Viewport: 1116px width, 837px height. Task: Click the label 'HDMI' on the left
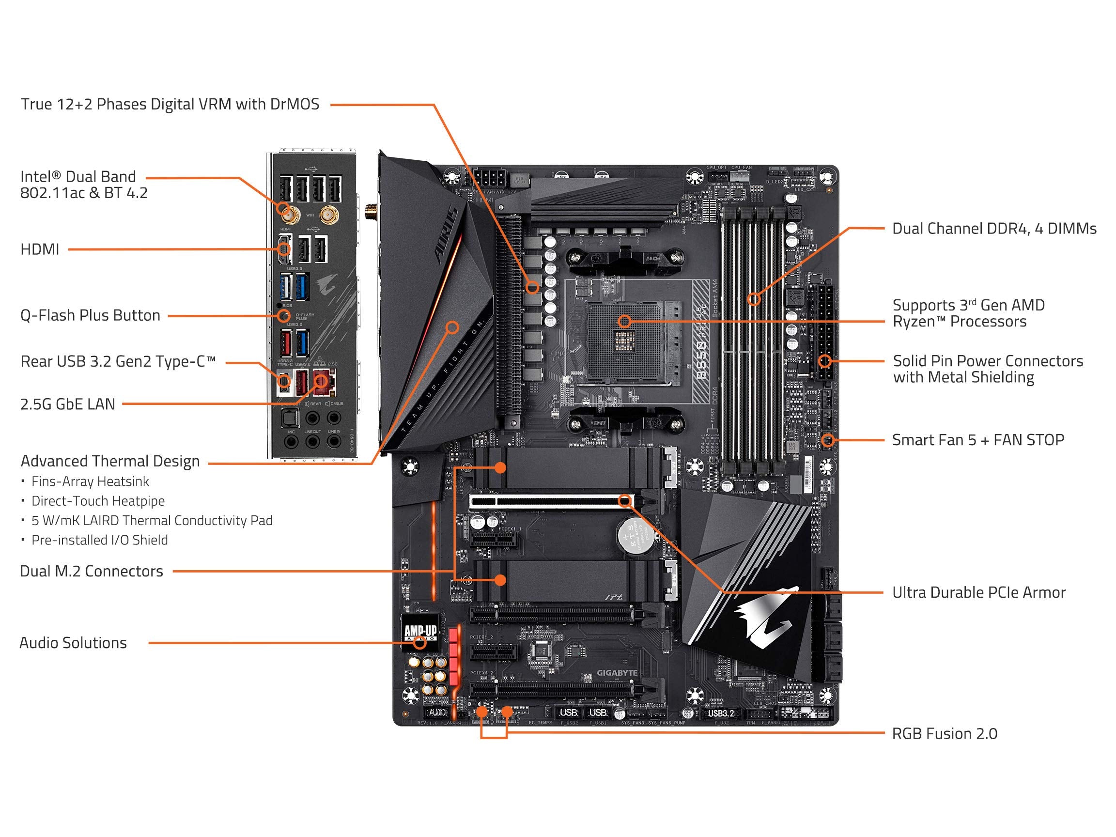click(40, 249)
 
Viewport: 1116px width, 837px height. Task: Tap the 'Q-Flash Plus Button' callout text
click(90, 315)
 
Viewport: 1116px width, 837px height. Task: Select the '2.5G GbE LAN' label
click(68, 404)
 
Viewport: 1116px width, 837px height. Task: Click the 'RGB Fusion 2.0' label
click(945, 733)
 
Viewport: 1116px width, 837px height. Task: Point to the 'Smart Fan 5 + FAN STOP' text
click(978, 440)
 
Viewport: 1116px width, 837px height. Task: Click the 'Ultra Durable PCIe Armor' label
click(979, 592)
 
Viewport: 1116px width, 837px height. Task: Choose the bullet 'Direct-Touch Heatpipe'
click(98, 501)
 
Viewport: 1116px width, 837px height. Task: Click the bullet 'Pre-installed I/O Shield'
click(99, 540)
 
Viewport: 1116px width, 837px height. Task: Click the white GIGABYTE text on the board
click(617, 672)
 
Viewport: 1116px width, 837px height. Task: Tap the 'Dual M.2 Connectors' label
click(92, 571)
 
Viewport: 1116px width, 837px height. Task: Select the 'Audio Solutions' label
click(73, 643)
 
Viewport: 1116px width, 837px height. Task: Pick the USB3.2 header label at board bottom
click(720, 713)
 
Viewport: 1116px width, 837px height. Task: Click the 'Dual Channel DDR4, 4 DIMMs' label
click(994, 229)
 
